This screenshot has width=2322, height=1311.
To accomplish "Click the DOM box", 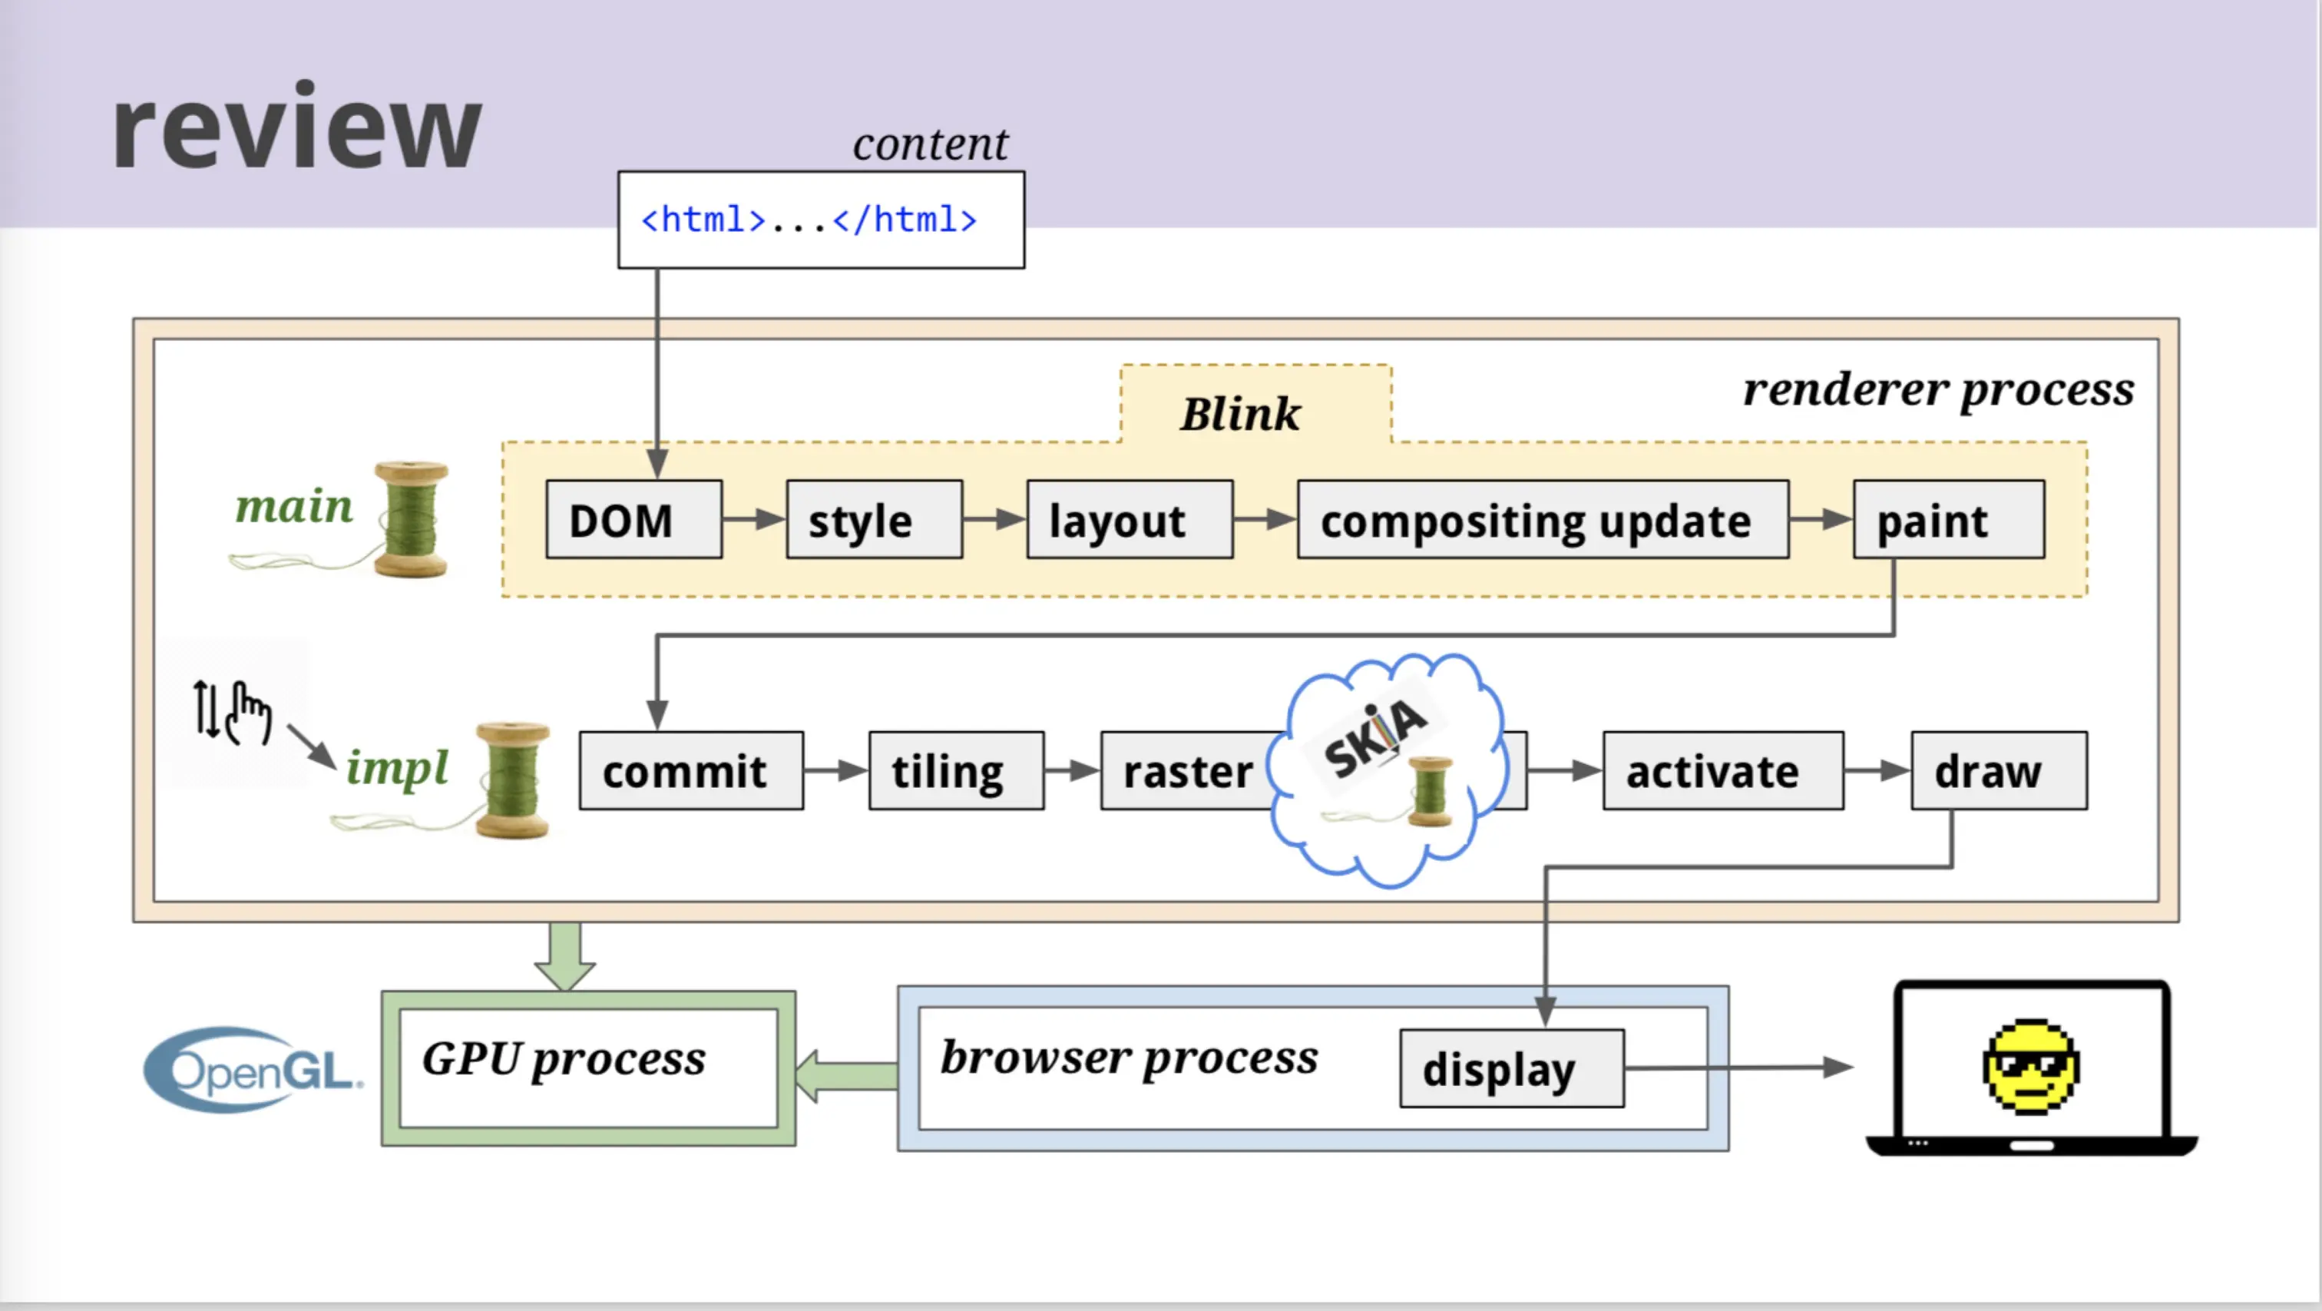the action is point(633,519).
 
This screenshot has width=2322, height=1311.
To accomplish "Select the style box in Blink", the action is point(875,519).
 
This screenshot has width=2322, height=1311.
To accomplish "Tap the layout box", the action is point(1130,519).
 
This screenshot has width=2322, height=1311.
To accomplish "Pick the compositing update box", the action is point(1543,519).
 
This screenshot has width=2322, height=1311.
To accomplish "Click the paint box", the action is point(1949,519).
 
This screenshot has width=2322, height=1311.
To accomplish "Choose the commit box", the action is point(691,771).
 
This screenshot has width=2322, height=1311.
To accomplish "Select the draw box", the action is point(2000,771).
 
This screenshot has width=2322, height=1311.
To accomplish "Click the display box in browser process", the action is point(1512,1068).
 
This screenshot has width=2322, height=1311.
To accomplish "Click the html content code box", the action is point(821,220).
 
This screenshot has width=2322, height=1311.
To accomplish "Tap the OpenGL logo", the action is point(253,1071).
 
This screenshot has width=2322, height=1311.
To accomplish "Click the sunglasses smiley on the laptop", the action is point(2031,1068).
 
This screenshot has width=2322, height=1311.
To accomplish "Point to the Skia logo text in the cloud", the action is point(1374,737).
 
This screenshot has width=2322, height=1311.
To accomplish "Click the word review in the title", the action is point(296,128).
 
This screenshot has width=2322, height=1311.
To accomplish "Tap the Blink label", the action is point(1240,414).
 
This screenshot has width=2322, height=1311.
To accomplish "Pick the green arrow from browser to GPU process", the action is point(846,1076).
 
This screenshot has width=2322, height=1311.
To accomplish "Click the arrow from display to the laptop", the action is point(1738,1068).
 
